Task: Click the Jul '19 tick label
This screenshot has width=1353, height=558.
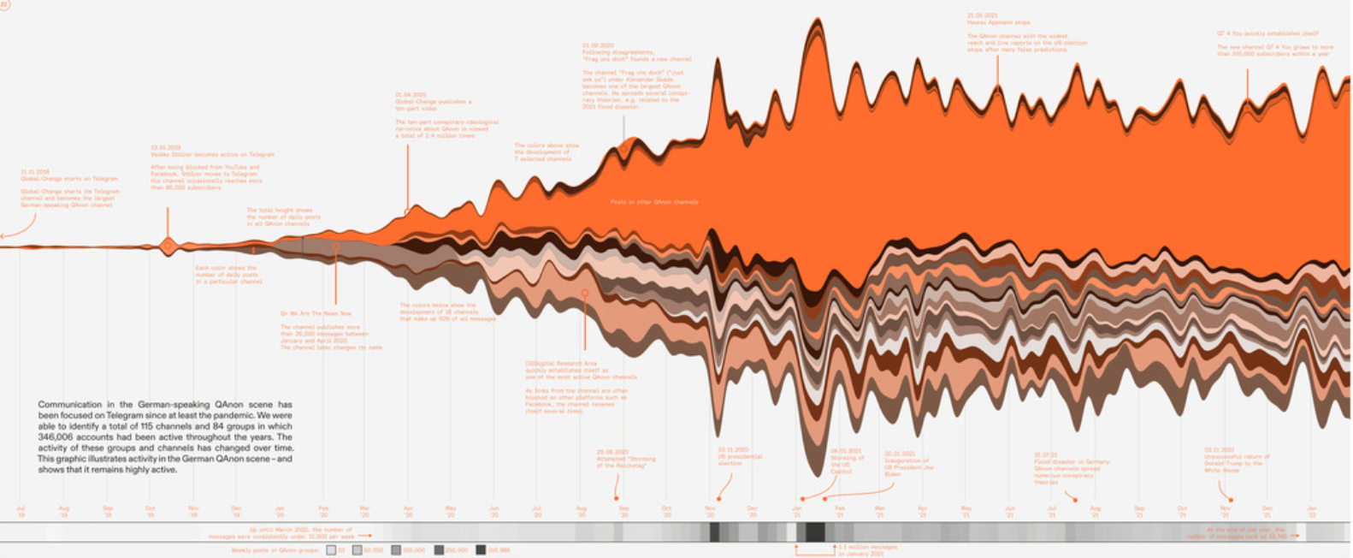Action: coord(21,512)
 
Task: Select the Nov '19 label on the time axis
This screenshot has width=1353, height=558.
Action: coord(193,512)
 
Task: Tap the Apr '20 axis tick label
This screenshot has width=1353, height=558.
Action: coord(408,512)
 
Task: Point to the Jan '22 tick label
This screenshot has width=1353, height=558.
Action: coord(1311,512)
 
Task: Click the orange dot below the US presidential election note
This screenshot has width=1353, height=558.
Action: coord(719,498)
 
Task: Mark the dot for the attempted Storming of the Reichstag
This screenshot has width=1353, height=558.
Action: coord(616,498)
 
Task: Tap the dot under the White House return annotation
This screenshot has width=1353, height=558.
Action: coord(1232,499)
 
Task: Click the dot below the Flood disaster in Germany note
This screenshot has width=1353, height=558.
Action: coord(1076,500)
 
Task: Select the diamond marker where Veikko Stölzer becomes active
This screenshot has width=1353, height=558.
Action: coord(168,246)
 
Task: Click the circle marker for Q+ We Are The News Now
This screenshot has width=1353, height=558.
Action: coord(336,247)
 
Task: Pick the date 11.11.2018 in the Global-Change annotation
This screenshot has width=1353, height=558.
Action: coord(36,172)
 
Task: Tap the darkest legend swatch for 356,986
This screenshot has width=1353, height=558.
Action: coord(481,550)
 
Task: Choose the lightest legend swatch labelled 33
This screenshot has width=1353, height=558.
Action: coord(331,550)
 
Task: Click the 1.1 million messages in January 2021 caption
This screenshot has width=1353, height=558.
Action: coord(866,550)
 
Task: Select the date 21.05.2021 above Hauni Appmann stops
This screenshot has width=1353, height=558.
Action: coord(982,15)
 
